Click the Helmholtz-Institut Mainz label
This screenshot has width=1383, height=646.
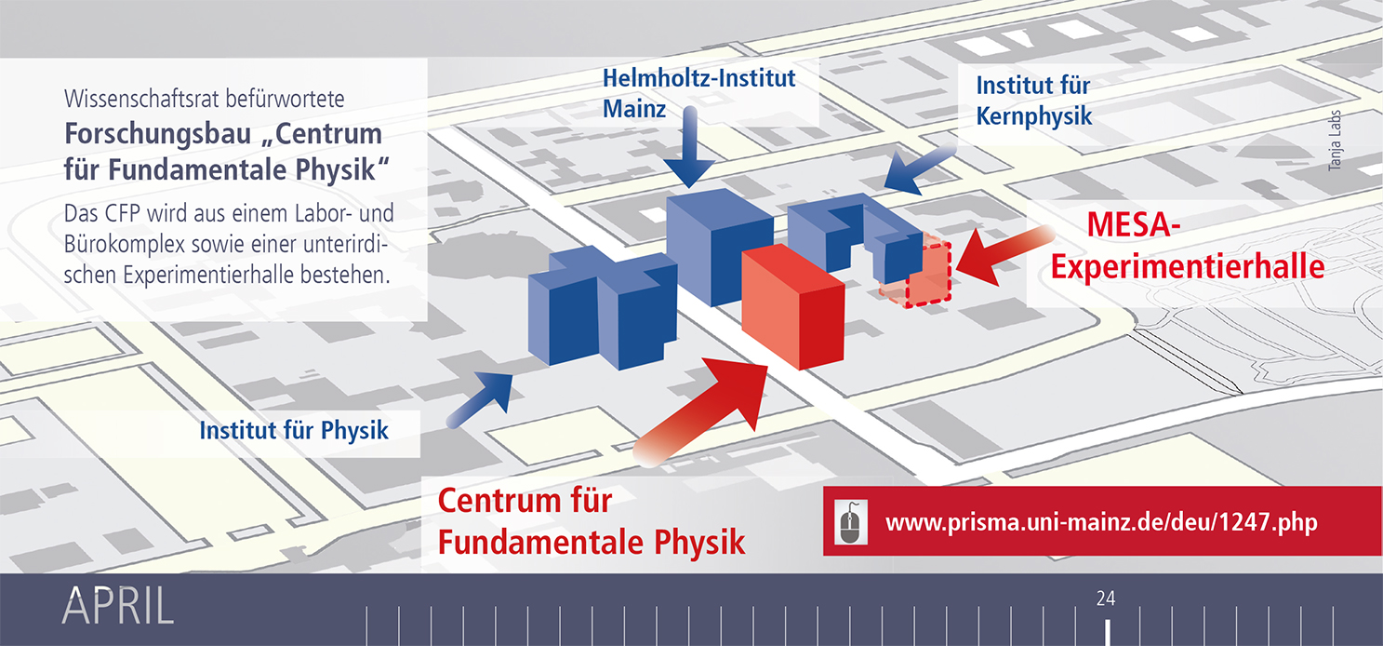pyautogui.click(x=698, y=93)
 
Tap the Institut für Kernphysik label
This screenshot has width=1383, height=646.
pyautogui.click(x=1034, y=101)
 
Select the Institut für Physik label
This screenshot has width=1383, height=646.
pyautogui.click(x=294, y=430)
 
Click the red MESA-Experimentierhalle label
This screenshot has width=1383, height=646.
pyautogui.click(x=1188, y=246)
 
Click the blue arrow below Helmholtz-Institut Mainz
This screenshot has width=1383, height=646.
pyautogui.click(x=690, y=147)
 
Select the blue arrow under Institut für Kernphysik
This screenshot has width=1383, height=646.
pyautogui.click(x=920, y=168)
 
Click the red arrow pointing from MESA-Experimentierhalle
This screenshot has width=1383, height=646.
pyautogui.click(x=1004, y=256)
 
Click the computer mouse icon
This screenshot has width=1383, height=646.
pyautogui.click(x=851, y=523)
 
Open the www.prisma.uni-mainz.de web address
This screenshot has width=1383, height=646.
pyautogui.click(x=1101, y=523)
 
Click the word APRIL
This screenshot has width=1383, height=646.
pyautogui.click(x=118, y=606)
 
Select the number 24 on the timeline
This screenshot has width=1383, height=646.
pyautogui.click(x=1106, y=599)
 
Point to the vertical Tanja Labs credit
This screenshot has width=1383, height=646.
pyautogui.click(x=1335, y=141)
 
